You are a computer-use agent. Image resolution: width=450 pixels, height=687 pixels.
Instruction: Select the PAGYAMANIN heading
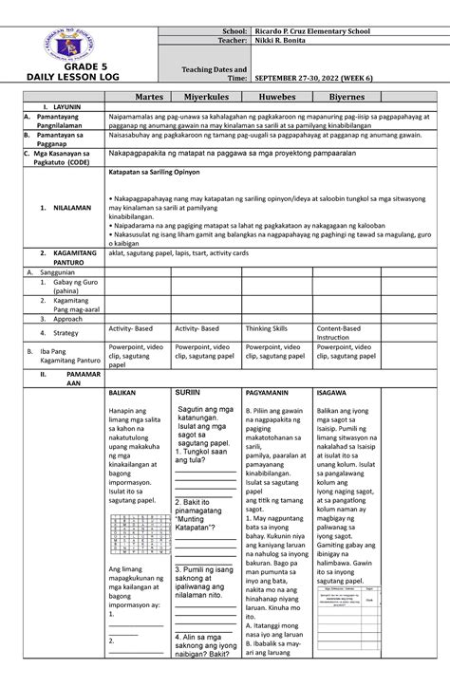click(269, 391)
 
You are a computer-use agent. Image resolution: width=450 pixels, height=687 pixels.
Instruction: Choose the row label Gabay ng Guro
click(62, 288)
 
